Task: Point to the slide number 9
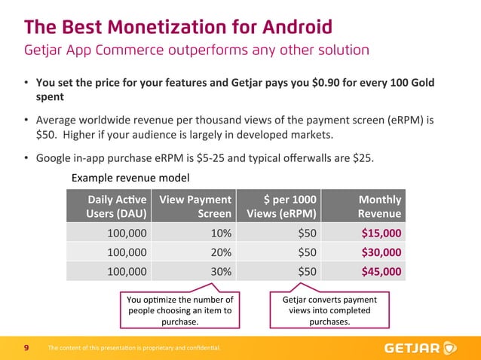[x=26, y=348]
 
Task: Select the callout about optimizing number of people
[x=180, y=311]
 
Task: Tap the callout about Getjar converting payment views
[x=329, y=311]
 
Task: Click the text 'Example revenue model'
[x=130, y=178]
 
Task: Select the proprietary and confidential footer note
[x=133, y=348]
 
